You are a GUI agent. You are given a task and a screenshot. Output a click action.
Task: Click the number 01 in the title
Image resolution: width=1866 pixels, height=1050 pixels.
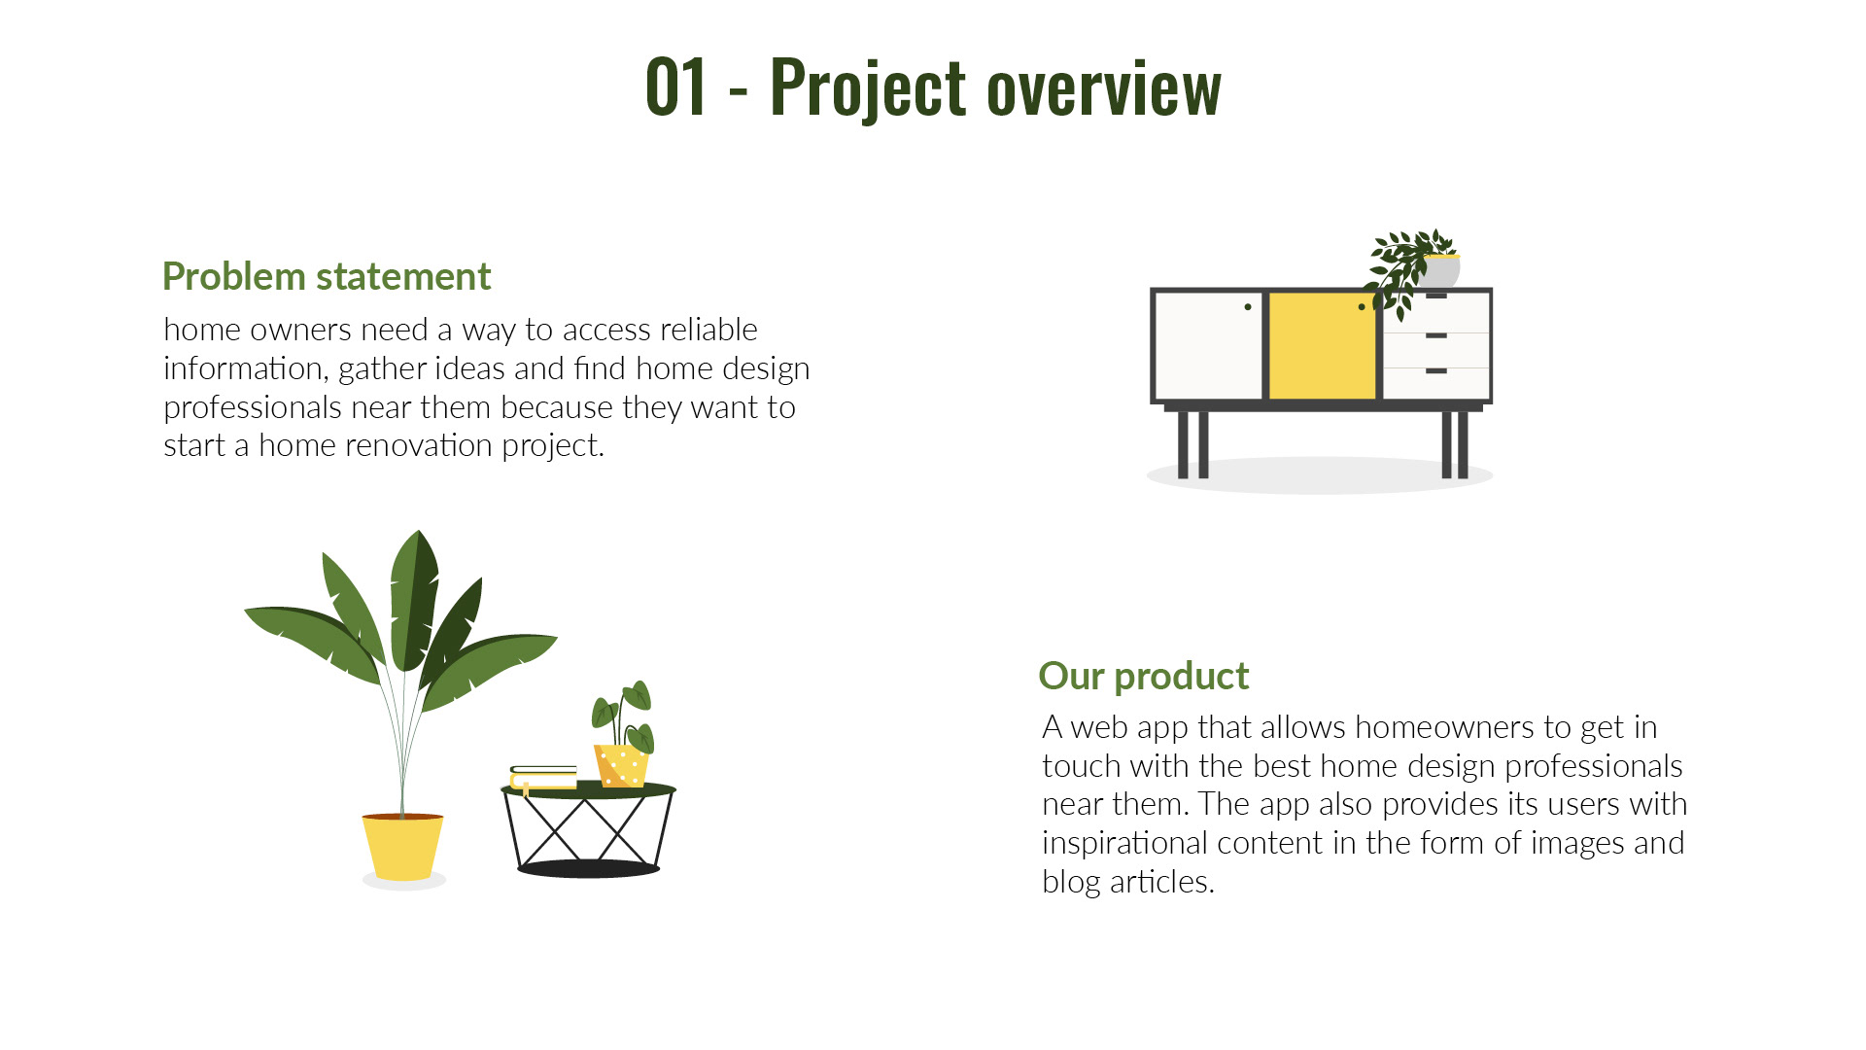tap(675, 87)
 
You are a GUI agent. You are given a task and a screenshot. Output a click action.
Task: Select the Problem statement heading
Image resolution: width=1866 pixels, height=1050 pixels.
tap(327, 277)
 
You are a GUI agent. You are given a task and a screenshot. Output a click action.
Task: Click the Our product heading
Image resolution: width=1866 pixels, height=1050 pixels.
tap(1143, 677)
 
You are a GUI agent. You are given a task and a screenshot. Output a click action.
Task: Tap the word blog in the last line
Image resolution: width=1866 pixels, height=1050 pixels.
tap(1071, 882)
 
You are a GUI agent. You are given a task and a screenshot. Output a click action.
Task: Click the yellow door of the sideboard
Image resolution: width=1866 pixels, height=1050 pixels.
tap(1322, 346)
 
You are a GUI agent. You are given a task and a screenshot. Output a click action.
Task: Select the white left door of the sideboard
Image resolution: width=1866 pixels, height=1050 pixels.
tap(1208, 346)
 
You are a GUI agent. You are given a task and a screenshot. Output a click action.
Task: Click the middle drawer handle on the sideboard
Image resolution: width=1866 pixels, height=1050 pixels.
tap(1436, 335)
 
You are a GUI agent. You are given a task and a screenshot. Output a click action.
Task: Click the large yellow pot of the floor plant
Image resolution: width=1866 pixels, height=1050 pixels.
tap(402, 847)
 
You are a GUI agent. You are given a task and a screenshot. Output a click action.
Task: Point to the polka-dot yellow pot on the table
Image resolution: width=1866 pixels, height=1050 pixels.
tap(620, 765)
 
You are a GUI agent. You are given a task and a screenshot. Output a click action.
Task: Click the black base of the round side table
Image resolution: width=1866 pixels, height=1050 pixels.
tap(588, 868)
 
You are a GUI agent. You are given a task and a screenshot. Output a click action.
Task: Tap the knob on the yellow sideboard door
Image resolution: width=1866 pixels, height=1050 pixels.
tap(1361, 307)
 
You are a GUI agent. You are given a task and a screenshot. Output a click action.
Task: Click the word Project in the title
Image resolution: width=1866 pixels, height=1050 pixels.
tap(868, 89)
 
